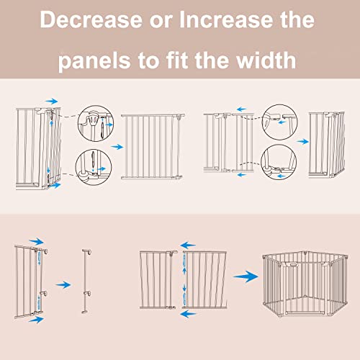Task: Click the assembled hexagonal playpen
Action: [308, 284]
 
